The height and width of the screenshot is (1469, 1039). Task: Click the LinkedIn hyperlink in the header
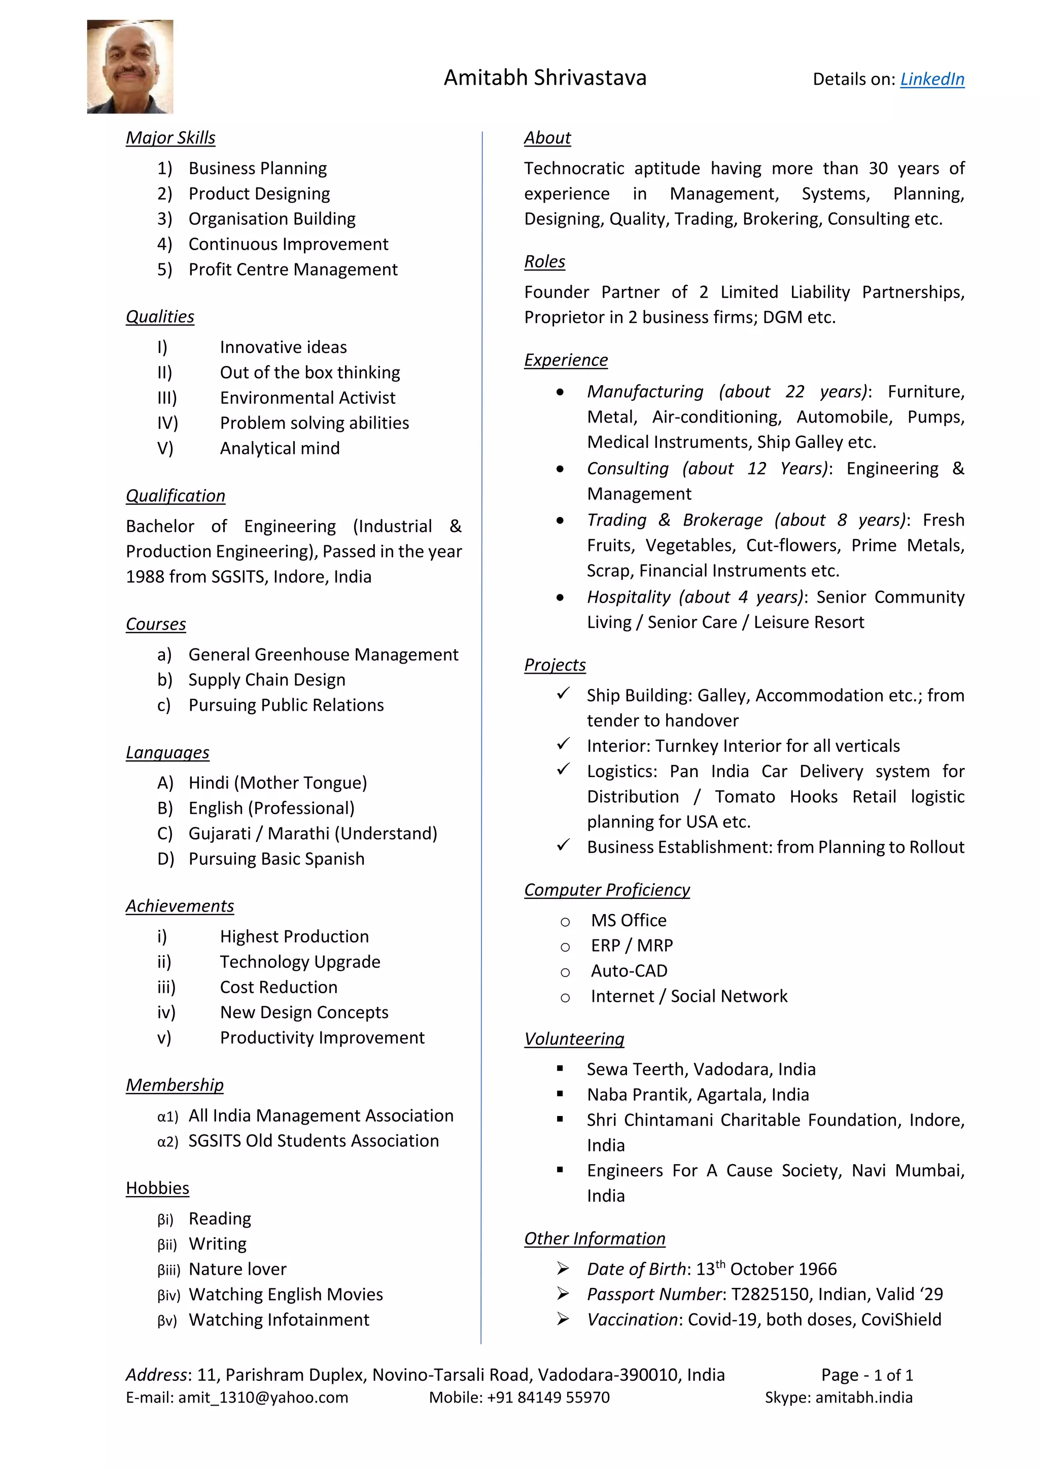(931, 79)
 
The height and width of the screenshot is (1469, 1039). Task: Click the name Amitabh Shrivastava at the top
(545, 78)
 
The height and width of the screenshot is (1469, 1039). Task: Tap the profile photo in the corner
(130, 66)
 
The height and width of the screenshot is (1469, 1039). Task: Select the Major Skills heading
(170, 137)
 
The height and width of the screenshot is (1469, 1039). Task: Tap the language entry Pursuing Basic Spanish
(276, 859)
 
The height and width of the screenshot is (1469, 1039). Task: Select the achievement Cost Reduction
(279, 987)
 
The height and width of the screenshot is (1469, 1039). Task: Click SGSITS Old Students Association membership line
(313, 1141)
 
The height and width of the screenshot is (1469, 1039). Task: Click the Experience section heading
(566, 360)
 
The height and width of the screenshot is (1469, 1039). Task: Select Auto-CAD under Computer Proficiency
(629, 971)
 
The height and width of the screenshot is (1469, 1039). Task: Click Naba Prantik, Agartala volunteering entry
(698, 1095)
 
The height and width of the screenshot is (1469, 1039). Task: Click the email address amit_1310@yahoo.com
(263, 1397)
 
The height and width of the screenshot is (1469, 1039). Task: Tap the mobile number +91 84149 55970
(547, 1397)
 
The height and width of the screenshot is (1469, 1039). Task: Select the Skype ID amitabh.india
(863, 1397)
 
